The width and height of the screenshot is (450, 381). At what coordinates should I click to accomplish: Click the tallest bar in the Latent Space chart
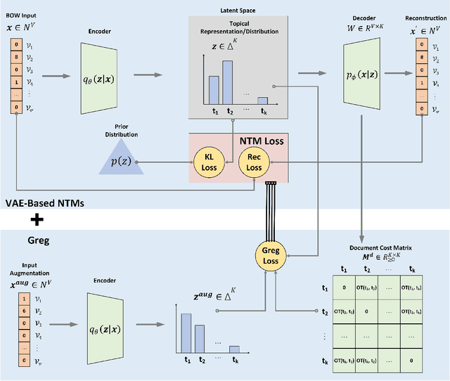point(227,82)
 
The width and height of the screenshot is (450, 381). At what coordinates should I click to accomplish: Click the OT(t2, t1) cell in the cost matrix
point(345,311)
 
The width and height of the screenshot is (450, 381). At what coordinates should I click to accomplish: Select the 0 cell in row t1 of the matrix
point(345,288)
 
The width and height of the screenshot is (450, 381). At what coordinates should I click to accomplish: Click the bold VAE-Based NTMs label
point(44,202)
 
